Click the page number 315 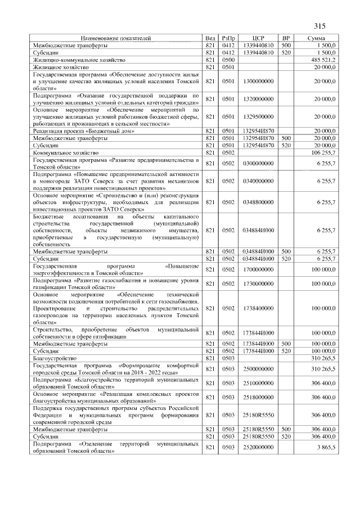point(319,25)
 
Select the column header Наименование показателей point(116,38)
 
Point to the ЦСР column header point(259,38)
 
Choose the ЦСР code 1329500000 point(259,116)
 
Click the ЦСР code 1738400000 point(259,308)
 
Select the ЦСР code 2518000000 point(259,398)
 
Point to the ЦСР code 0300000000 point(259,163)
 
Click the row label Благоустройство point(52,357)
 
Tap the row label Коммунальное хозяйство point(65,152)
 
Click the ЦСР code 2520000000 point(259,447)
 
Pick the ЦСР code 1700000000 point(259,269)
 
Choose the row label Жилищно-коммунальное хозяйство point(75,59)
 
